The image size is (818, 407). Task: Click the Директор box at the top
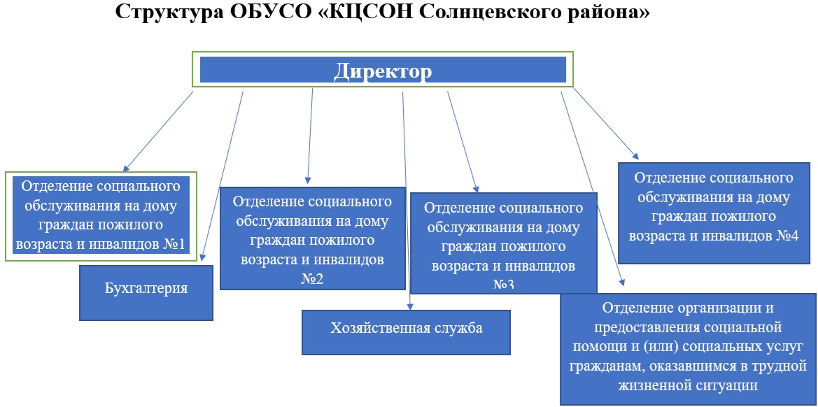pos(383,69)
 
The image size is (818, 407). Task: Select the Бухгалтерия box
pos(146,293)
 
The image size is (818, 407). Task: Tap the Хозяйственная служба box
pos(406,332)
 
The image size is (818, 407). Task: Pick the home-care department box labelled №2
pos(313,238)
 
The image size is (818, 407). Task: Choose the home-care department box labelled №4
pos(713,213)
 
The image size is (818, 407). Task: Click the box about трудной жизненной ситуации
pos(688,349)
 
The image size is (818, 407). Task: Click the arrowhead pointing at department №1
pos(126,169)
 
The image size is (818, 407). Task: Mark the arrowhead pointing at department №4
pos(635,155)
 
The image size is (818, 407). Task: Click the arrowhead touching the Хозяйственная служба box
pos(410,307)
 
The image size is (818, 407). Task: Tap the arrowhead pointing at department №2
pos(307,180)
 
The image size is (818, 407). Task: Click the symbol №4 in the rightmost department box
pos(787,236)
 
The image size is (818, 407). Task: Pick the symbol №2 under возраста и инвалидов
pos(313,279)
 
